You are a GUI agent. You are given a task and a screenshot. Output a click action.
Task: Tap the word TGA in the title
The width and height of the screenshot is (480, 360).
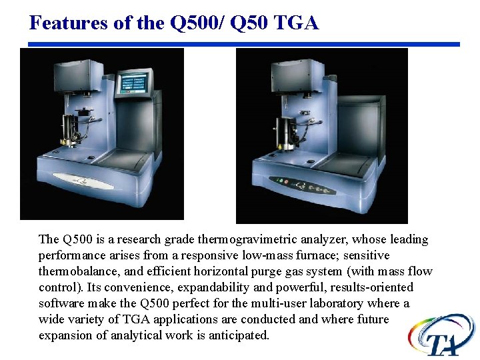tap(296, 23)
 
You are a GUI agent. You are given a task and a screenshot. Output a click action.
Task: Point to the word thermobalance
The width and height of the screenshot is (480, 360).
tap(77, 271)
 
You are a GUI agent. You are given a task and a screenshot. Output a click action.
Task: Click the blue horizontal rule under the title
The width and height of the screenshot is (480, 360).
tap(240, 44)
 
